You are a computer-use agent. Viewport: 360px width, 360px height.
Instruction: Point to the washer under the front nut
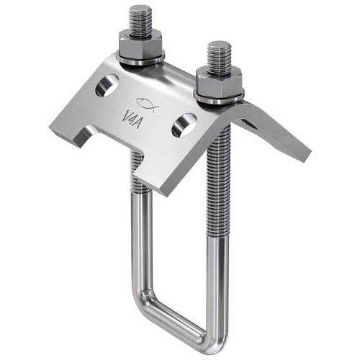coord(219,94)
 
